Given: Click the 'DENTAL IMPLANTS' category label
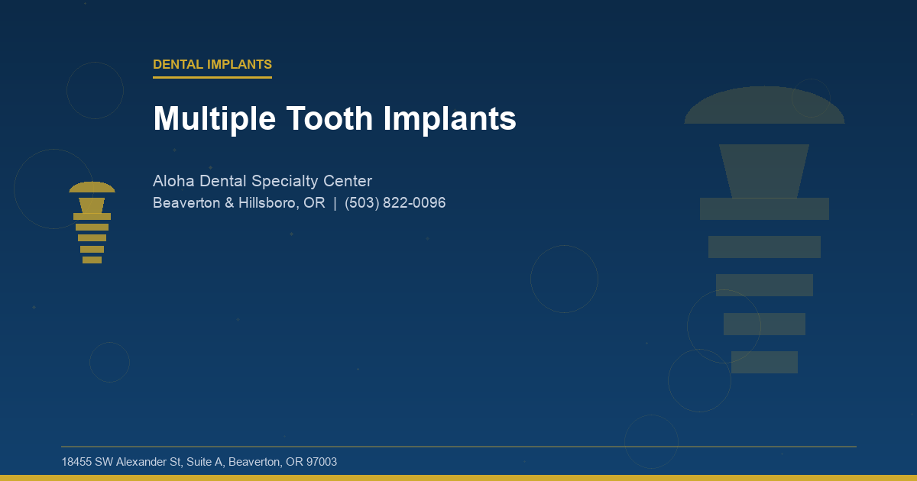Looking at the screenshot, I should pyautogui.click(x=212, y=65).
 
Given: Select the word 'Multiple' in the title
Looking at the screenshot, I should pyautogui.click(x=214, y=119).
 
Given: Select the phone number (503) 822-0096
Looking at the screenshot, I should pyautogui.click(x=395, y=203).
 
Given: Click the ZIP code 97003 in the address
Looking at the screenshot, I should pyautogui.click(x=321, y=462).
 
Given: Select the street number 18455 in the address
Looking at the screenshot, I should pyautogui.click(x=76, y=462).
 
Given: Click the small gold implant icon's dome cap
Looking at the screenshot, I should pyautogui.click(x=92, y=188).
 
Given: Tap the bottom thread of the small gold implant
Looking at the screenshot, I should pyautogui.click(x=92, y=260).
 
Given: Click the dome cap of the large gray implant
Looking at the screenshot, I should pyautogui.click(x=764, y=107).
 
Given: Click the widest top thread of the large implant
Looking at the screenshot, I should pyautogui.click(x=764, y=208).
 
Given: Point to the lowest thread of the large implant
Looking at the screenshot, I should pyautogui.click(x=764, y=362).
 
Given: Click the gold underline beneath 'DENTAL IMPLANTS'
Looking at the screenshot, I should pyautogui.click(x=212, y=77).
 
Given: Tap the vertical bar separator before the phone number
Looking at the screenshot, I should pyautogui.click(x=335, y=203).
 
